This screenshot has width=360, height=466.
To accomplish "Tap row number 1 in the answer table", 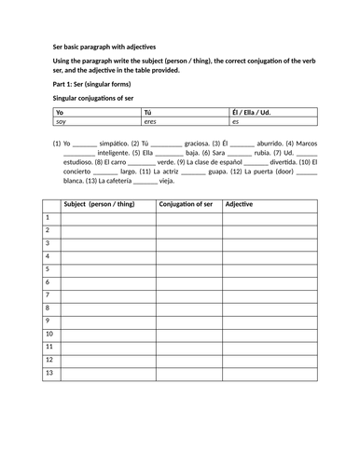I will (x=48, y=217).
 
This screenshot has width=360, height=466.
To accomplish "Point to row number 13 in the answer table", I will (x=49, y=373).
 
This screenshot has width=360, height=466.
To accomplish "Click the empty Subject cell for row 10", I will (x=106, y=334).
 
